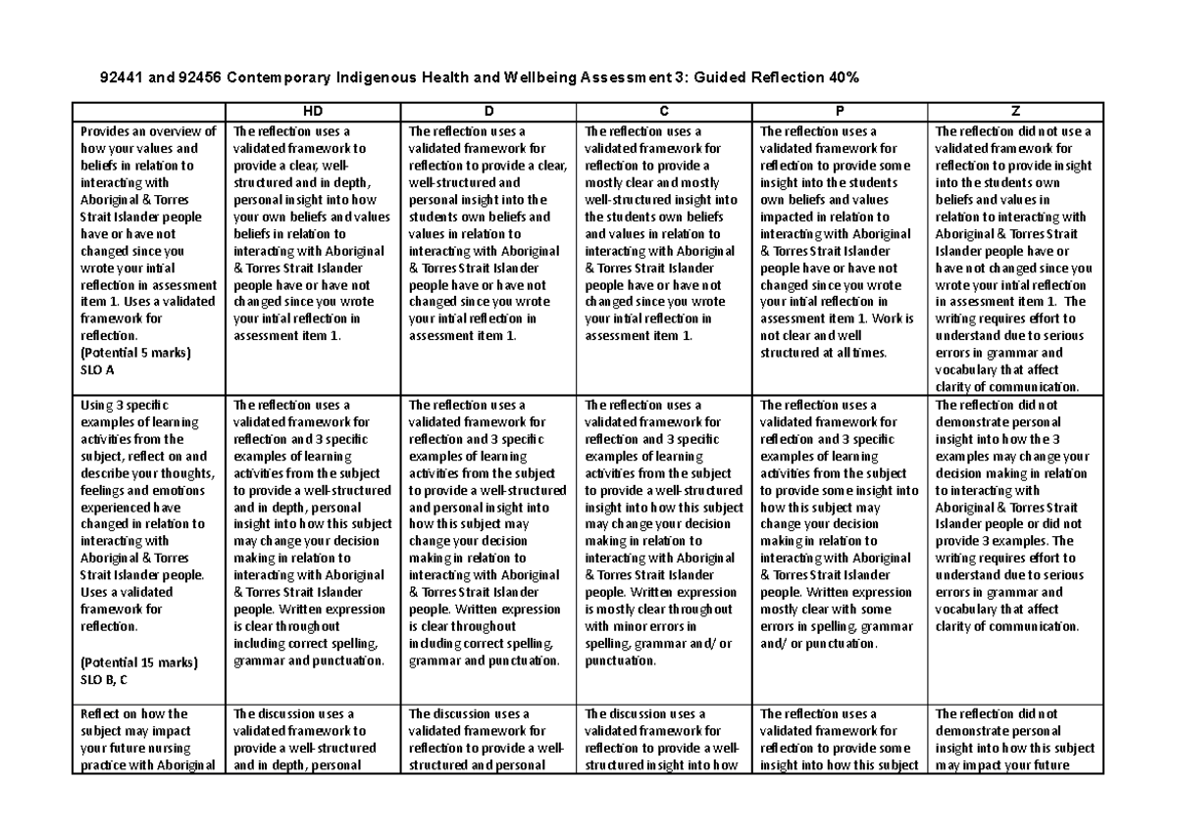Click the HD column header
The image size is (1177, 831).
[314, 112]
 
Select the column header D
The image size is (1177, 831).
[488, 112]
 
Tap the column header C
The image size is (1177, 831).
[664, 112]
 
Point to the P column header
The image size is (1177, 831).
[840, 112]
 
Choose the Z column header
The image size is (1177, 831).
[1015, 112]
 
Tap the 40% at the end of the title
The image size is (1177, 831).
[845, 77]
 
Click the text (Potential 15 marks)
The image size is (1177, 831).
[138, 662]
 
